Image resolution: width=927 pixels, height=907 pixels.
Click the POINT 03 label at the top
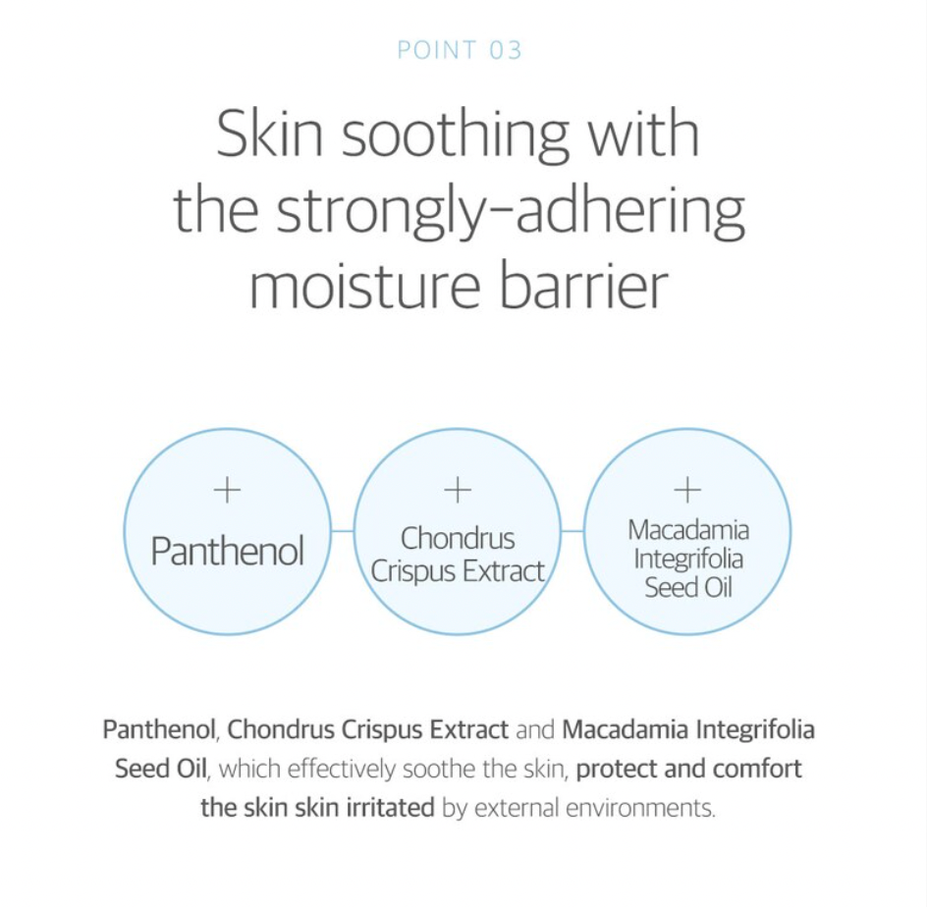(460, 50)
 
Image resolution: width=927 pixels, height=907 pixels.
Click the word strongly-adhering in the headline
(511, 213)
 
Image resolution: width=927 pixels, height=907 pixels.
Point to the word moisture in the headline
(364, 286)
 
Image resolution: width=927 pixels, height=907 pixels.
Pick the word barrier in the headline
(584, 284)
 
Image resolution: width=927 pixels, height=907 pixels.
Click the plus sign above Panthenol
(227, 490)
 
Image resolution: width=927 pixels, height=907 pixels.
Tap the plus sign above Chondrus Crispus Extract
(457, 490)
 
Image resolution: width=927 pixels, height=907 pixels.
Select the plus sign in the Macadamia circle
(687, 490)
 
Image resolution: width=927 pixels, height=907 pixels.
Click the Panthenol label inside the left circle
(228, 551)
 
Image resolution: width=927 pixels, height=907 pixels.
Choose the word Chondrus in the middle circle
(458, 538)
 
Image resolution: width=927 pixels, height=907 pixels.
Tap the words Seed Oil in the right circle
(688, 587)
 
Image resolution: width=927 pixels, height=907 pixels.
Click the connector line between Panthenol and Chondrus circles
(343, 531)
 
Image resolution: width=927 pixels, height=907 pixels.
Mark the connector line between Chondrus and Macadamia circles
(573, 531)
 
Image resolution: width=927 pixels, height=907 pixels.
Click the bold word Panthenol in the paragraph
(158, 729)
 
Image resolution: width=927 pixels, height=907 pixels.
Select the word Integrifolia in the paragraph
(755, 730)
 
